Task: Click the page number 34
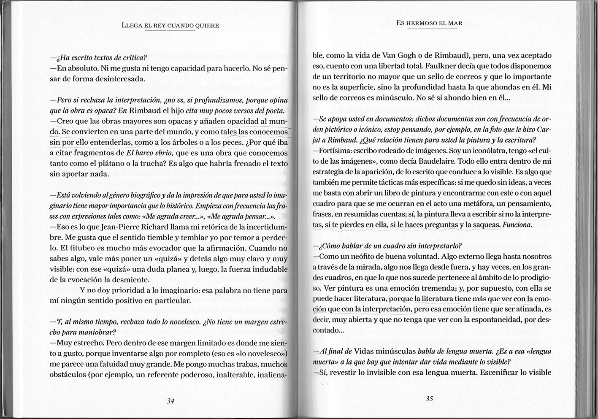pos(170,401)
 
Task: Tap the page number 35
pos(430,399)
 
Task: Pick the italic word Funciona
pos(517,225)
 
